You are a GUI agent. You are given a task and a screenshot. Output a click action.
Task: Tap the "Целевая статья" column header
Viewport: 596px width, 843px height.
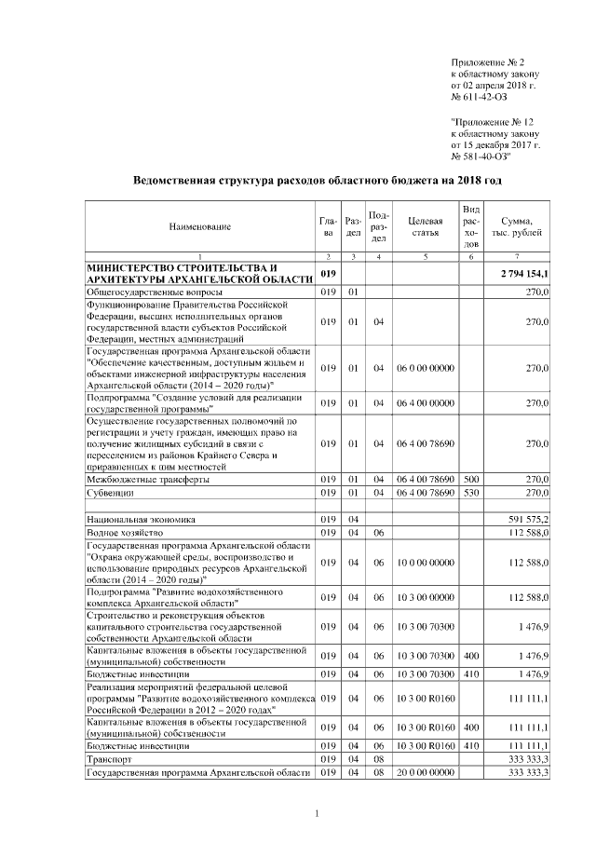coord(425,226)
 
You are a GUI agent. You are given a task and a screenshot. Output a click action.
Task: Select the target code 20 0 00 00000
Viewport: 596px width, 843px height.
coord(425,773)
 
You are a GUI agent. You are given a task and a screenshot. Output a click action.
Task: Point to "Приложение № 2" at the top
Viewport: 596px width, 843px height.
coord(488,60)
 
